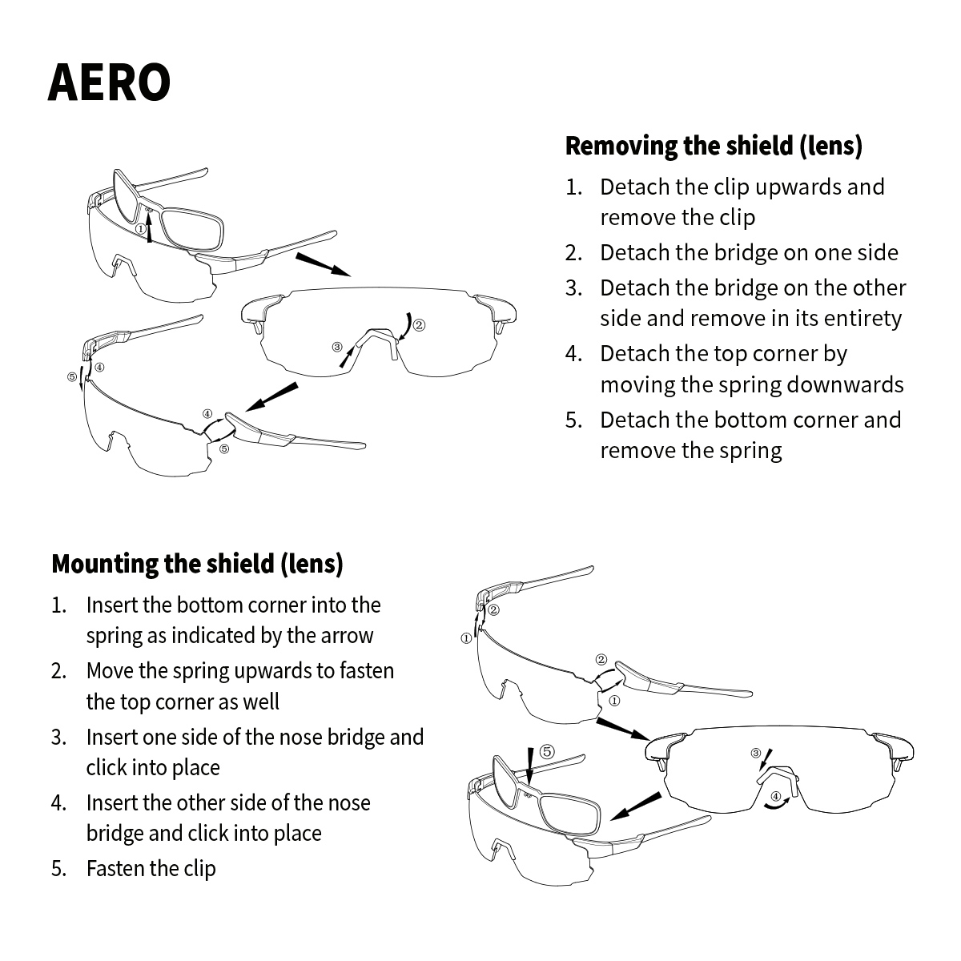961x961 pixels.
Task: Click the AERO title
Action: point(109,82)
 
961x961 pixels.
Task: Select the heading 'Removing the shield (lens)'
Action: point(714,146)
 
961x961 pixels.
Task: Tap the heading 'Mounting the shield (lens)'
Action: point(197,564)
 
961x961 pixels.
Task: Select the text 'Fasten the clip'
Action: point(151,868)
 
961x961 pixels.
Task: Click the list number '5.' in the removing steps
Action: point(573,420)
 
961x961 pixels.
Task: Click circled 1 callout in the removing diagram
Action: point(140,229)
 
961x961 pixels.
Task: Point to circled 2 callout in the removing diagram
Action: point(418,325)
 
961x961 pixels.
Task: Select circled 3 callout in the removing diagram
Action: point(337,347)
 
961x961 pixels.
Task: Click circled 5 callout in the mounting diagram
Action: point(546,751)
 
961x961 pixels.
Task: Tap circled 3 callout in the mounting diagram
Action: point(755,753)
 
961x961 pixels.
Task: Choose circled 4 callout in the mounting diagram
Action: point(775,796)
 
